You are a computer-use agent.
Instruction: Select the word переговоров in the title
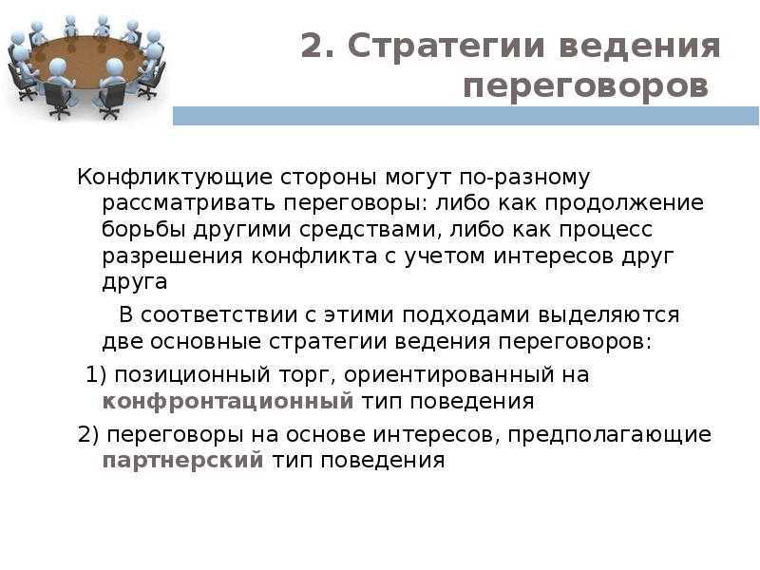click(x=585, y=87)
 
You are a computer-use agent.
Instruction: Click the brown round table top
click(x=88, y=61)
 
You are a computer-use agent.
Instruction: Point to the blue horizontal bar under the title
click(x=465, y=116)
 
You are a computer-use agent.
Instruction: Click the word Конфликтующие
click(x=175, y=178)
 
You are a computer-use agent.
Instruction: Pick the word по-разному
click(x=524, y=179)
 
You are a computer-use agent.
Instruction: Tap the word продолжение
click(x=624, y=203)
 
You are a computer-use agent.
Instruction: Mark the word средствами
click(x=370, y=230)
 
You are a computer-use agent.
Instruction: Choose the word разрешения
click(x=172, y=256)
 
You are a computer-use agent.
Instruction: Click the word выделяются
click(x=609, y=316)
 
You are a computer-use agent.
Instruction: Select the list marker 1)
click(x=96, y=374)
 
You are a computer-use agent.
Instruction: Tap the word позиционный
click(x=193, y=375)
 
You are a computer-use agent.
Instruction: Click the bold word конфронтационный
click(x=228, y=401)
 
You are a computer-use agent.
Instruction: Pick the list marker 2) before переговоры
click(x=88, y=434)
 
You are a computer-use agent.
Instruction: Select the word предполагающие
click(x=610, y=435)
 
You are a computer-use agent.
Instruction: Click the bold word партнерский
click(x=182, y=461)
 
